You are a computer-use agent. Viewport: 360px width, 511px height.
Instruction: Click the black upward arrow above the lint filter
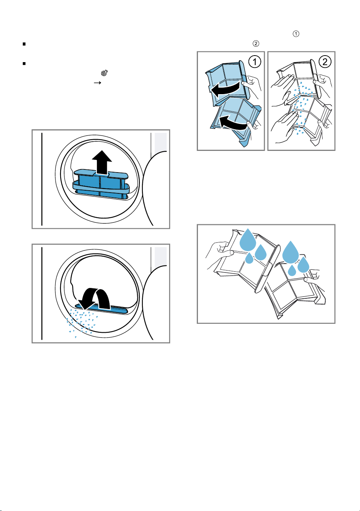102,162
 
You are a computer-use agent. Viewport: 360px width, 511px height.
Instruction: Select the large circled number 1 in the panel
255,62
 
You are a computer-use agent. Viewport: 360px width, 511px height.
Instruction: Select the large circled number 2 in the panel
325,62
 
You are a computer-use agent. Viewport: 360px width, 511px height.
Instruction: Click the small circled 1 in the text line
296,34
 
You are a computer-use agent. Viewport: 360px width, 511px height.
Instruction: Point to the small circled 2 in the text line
256,43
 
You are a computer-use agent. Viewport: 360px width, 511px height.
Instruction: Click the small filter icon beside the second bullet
104,73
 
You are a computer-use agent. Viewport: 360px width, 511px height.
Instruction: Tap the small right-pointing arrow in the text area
98,83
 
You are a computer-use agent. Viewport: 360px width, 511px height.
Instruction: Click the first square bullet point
24,44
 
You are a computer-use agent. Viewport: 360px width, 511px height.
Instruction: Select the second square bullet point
24,63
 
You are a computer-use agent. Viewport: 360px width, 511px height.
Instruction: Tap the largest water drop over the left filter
248,240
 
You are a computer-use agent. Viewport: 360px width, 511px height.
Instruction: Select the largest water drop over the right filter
291,252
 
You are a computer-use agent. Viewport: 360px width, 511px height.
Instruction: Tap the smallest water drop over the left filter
249,258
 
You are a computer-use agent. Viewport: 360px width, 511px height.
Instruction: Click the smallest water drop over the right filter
292,271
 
